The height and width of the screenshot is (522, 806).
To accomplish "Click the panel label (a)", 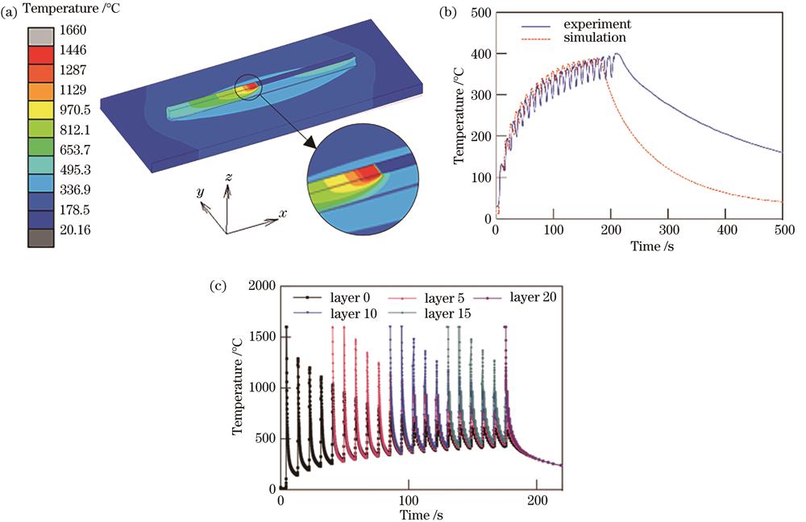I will tap(12, 10).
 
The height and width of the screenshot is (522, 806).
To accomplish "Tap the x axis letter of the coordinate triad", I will tap(283, 214).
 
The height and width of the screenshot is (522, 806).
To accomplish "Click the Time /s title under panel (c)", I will tap(420, 513).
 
